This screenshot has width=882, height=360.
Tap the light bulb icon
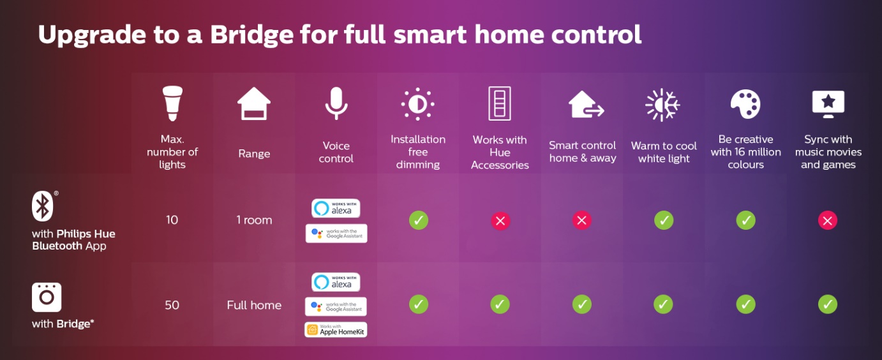[172, 103]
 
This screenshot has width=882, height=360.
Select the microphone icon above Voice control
[336, 103]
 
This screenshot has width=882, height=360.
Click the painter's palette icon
[746, 104]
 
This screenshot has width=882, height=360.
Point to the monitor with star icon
[828, 104]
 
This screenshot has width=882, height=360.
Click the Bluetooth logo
[43, 206]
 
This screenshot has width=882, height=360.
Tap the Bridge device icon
[47, 297]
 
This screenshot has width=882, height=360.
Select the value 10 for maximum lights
[172, 220]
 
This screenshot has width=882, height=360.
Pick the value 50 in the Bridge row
[172, 305]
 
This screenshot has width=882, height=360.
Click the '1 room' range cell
[254, 220]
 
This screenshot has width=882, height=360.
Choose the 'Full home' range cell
[254, 305]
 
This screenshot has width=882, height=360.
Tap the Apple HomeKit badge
[336, 329]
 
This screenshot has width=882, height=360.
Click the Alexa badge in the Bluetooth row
[336, 208]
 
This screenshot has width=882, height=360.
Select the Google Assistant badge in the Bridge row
[336, 306]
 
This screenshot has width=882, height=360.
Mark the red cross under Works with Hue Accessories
[500, 221]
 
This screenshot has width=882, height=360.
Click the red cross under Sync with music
[828, 221]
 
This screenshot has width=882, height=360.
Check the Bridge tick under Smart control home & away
[582, 304]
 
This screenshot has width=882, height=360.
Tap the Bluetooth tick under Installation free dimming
[419, 220]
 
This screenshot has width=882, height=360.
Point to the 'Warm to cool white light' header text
[664, 152]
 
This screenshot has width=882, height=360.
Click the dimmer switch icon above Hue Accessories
[500, 103]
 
